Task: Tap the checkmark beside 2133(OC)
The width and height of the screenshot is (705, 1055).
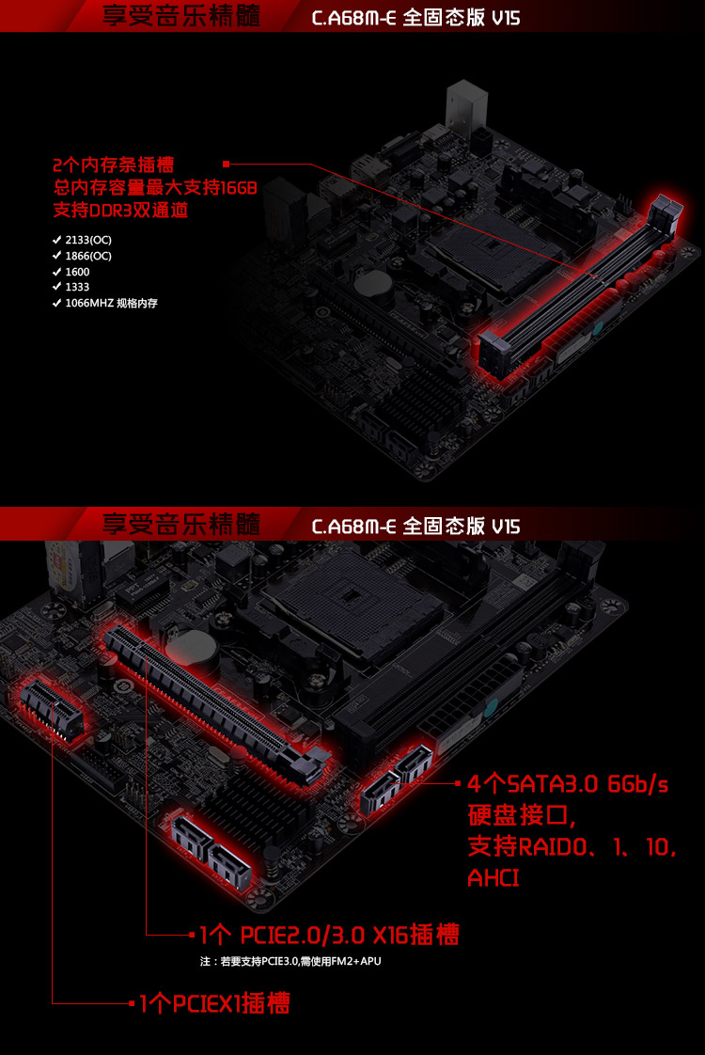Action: pyautogui.click(x=56, y=240)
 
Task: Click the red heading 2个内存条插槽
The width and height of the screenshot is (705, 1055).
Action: pyautogui.click(x=113, y=165)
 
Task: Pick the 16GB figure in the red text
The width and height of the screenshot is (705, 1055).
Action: pyautogui.click(x=239, y=188)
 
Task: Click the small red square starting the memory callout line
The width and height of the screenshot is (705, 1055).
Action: pyautogui.click(x=226, y=164)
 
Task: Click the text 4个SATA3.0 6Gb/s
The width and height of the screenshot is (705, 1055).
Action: pyautogui.click(x=568, y=784)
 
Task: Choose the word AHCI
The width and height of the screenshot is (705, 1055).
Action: pyautogui.click(x=493, y=878)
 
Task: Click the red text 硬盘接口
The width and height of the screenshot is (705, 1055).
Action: pyautogui.click(x=517, y=815)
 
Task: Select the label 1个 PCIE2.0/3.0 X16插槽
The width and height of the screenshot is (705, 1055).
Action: pyautogui.click(x=330, y=935)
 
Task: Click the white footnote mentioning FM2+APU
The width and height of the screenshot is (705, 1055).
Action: pyautogui.click(x=290, y=961)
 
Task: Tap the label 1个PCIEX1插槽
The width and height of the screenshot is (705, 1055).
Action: pyautogui.click(x=214, y=1003)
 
